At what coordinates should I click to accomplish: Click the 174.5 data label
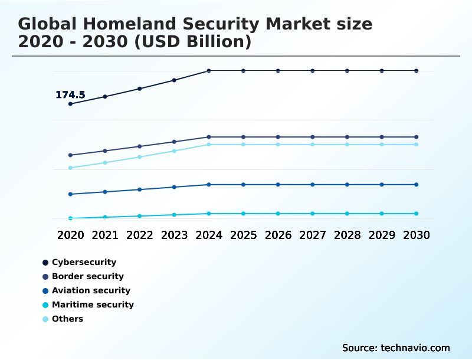pyautogui.click(x=70, y=95)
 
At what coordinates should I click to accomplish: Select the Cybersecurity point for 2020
pyautogui.click(x=70, y=104)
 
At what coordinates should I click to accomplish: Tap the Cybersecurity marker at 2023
pyautogui.click(x=174, y=80)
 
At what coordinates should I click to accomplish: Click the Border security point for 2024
pyautogui.click(x=209, y=137)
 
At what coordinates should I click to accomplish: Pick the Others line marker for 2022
pyautogui.click(x=140, y=157)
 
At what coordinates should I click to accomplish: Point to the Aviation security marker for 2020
pyautogui.click(x=70, y=194)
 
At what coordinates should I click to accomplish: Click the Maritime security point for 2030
pyautogui.click(x=417, y=214)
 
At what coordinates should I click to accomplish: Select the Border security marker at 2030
pyautogui.click(x=417, y=137)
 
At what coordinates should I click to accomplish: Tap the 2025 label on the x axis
pyautogui.click(x=243, y=235)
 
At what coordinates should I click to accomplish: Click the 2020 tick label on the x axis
pyautogui.click(x=70, y=235)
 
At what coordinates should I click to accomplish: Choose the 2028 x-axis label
pyautogui.click(x=347, y=235)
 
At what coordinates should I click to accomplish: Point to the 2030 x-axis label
pyautogui.click(x=417, y=235)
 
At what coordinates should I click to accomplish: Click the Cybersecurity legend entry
pyautogui.click(x=84, y=262)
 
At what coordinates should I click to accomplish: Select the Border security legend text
pyautogui.click(x=88, y=276)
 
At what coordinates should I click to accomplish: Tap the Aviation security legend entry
pyautogui.click(x=91, y=290)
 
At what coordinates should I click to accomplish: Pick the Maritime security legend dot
pyautogui.click(x=45, y=305)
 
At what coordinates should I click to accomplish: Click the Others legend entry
pyautogui.click(x=67, y=319)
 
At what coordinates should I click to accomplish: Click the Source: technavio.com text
pyautogui.click(x=396, y=348)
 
